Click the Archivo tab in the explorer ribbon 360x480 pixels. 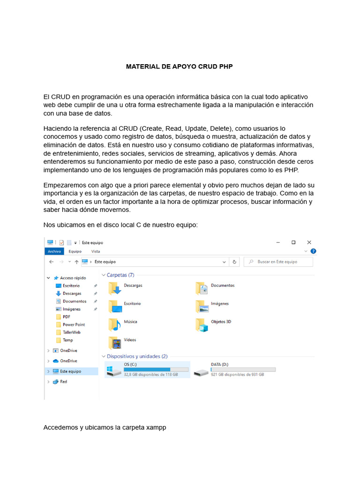54,251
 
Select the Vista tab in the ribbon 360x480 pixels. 96,251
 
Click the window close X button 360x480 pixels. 309,242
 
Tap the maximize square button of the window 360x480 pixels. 293,242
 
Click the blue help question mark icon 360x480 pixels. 314,251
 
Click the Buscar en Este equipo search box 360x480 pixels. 279,262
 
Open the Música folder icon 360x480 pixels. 114,324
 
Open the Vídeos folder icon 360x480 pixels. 114,343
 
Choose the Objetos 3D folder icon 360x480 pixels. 202,324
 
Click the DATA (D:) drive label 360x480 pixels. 219,364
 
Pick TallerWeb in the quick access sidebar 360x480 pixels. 71,332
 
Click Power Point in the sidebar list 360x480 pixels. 74,324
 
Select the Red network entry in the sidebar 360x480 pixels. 63,382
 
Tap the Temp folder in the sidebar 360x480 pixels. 67,340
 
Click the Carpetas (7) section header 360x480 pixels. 120,275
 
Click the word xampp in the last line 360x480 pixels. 156,427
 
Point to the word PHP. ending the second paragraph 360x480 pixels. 291,170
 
